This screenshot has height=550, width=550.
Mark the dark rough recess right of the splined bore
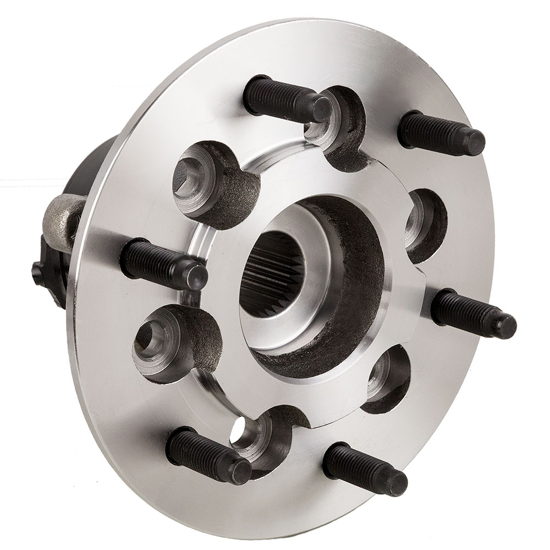pyautogui.click(x=352, y=286)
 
